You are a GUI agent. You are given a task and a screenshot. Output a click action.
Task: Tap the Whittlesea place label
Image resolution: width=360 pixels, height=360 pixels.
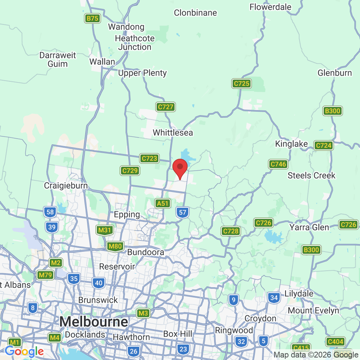173,132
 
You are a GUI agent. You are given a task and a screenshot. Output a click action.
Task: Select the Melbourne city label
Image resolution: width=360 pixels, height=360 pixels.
94,321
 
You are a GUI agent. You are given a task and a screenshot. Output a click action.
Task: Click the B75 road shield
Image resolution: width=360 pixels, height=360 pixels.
93,19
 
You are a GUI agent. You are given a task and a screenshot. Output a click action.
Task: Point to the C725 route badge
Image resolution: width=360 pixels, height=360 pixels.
241,84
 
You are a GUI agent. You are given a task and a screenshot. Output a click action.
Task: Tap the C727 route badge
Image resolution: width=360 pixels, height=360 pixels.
166,107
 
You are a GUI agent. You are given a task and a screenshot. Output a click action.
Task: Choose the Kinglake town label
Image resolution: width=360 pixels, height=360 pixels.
292,144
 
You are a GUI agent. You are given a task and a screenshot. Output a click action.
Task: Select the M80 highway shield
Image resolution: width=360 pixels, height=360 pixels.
116,247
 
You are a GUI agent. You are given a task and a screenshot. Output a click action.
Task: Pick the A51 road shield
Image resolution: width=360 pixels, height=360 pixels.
163,203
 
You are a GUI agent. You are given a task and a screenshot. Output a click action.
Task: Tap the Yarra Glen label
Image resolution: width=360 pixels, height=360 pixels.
309,227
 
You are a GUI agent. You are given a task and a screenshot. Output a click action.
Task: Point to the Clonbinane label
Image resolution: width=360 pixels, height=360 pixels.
195,13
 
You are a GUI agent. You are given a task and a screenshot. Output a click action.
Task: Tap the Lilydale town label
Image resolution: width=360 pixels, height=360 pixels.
299,293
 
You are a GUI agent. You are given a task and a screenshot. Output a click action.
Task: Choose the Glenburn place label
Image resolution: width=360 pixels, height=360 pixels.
334,73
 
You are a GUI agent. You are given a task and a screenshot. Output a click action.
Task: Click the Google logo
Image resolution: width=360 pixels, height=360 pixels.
24,351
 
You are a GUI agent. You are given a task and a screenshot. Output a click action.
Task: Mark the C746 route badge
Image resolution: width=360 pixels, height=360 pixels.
278,165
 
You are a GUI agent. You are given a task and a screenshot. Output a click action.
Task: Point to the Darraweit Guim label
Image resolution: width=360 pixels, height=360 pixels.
58,59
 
